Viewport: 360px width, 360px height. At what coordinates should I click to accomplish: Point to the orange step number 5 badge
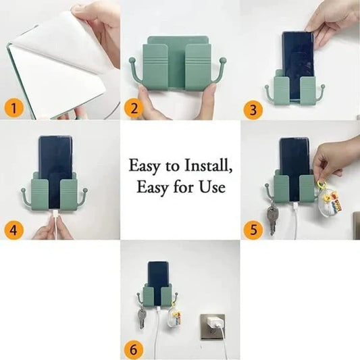253,229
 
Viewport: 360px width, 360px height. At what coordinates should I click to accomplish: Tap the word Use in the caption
212,187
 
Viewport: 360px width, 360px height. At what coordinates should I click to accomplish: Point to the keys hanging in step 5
272,217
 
